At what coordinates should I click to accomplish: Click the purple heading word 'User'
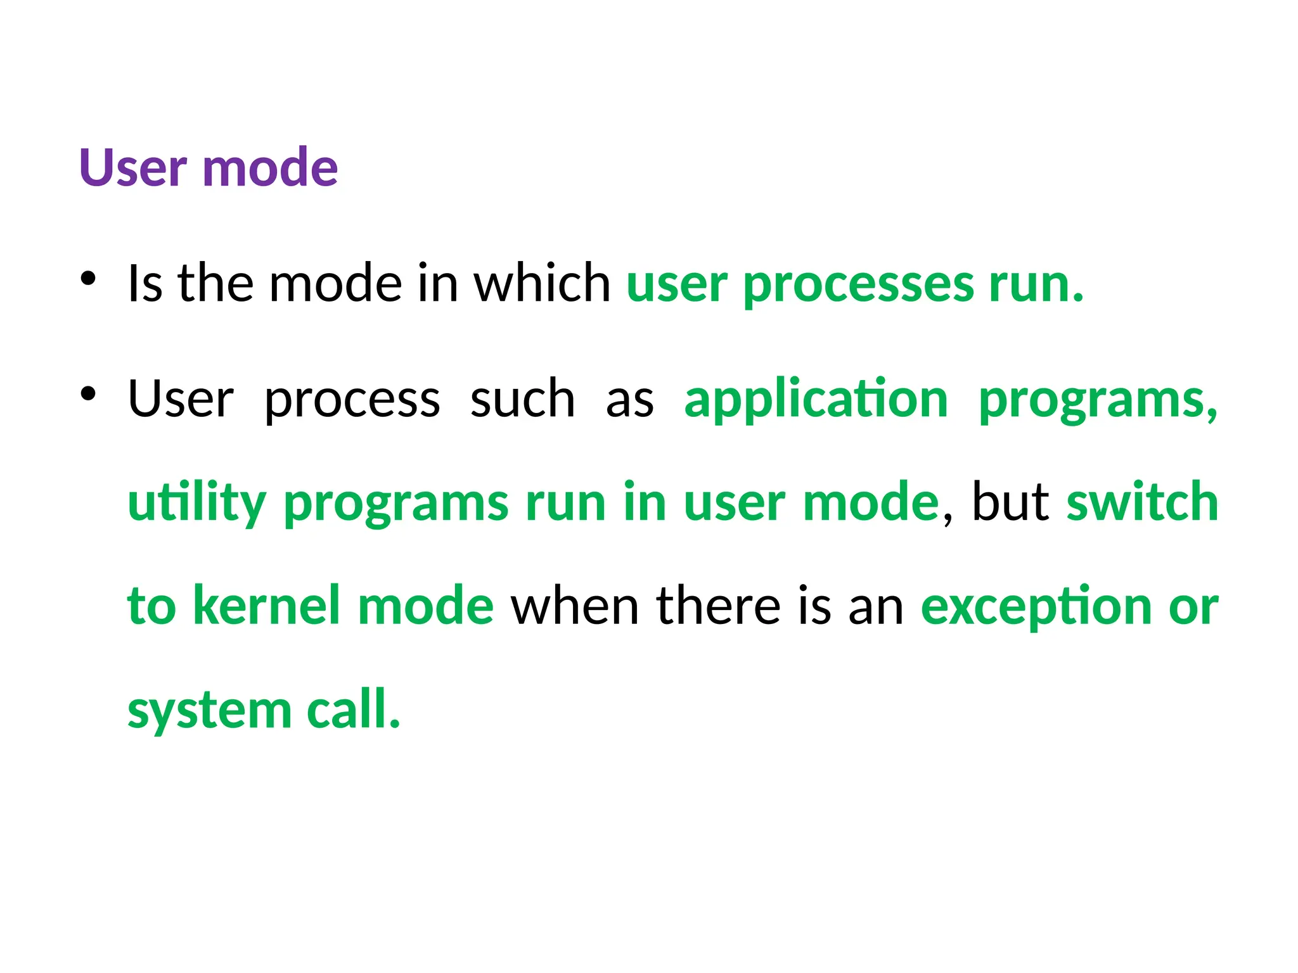[132, 168]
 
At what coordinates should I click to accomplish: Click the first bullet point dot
[88, 278]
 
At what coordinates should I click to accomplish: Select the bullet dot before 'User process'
[88, 393]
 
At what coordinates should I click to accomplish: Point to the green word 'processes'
[858, 285]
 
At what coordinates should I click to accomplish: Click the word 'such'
[522, 399]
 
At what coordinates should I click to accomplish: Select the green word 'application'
[816, 400]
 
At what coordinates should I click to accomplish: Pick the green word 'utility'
[196, 504]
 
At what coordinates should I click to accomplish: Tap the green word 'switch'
[1142, 502]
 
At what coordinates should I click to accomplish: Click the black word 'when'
[574, 606]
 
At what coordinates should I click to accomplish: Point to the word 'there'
[718, 606]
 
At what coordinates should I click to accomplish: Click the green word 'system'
[209, 711]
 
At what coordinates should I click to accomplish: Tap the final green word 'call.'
[354, 709]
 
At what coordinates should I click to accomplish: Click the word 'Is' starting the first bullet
[145, 283]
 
